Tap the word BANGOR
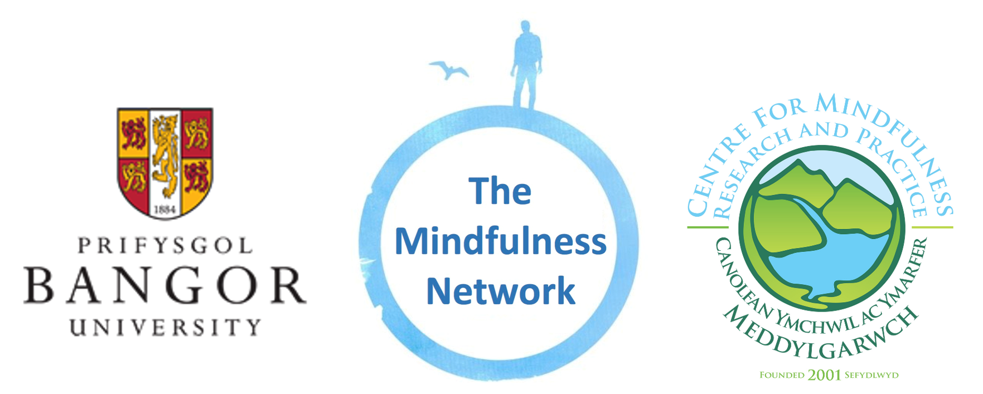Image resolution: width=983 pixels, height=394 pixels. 165,285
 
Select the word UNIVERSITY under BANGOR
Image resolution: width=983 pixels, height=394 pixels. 165,327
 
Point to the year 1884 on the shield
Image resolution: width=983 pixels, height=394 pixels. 164,210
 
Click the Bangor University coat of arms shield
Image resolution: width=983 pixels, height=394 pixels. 165,162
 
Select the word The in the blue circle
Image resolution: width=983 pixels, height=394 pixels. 500,191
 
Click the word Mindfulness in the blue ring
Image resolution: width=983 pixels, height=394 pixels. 500,241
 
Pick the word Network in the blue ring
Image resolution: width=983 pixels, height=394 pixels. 500,291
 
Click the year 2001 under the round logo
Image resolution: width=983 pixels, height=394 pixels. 824,375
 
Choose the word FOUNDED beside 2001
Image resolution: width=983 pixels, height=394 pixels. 782,375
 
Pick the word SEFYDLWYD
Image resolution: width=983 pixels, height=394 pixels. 871,375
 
